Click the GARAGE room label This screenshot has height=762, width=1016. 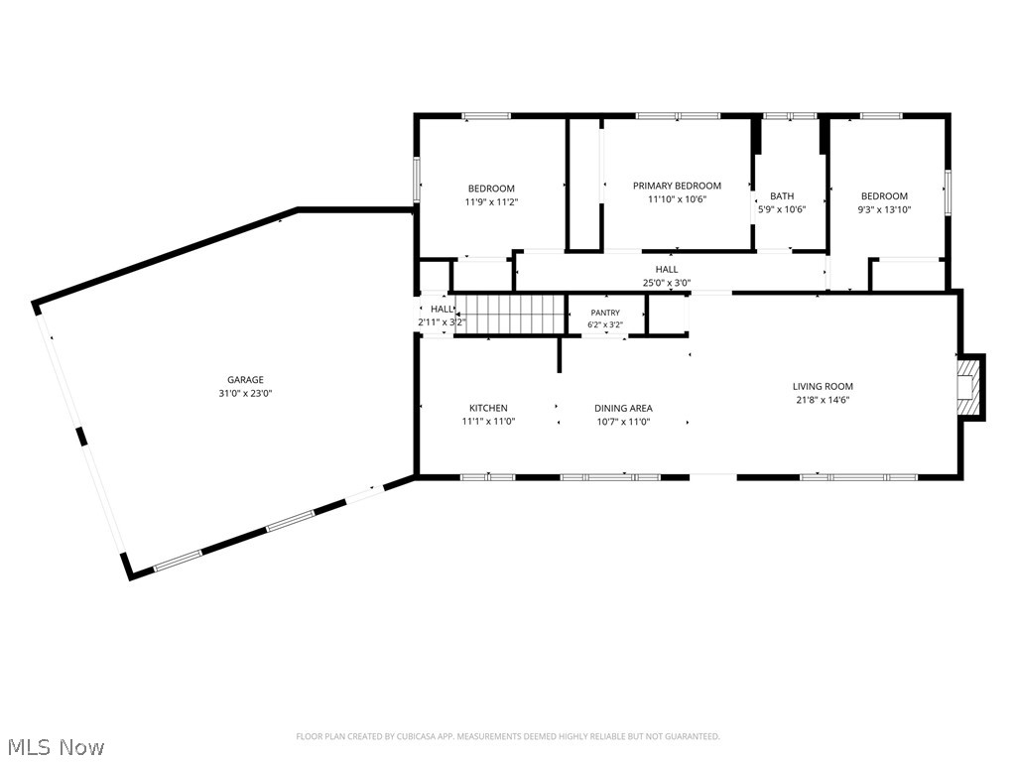pyautogui.click(x=245, y=380)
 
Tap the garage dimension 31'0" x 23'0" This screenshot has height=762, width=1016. pyautogui.click(x=245, y=393)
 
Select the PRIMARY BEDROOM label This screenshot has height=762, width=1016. pyautogui.click(x=677, y=186)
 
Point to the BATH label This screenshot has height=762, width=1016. pyautogui.click(x=782, y=195)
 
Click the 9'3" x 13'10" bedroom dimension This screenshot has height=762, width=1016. pyautogui.click(x=884, y=209)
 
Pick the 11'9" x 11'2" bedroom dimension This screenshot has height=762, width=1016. pyautogui.click(x=491, y=201)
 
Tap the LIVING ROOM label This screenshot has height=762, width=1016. pyautogui.click(x=823, y=386)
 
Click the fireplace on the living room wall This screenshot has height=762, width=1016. pyautogui.click(x=969, y=387)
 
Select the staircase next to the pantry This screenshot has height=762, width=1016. pyautogui.click(x=510, y=314)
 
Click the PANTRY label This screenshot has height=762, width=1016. pyautogui.click(x=605, y=313)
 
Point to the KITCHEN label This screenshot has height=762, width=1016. pyautogui.click(x=488, y=408)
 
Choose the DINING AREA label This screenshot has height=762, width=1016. pyautogui.click(x=623, y=408)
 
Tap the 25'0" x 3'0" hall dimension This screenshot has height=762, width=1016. pyautogui.click(x=666, y=283)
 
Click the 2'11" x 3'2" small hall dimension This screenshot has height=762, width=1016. pyautogui.click(x=442, y=321)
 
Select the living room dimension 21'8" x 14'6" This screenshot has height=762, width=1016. pyautogui.click(x=823, y=400)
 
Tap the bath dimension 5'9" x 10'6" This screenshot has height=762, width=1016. pyautogui.click(x=782, y=209)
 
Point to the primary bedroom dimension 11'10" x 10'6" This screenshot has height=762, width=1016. pyautogui.click(x=677, y=198)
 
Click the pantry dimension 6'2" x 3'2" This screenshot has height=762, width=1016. pyautogui.click(x=605, y=324)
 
